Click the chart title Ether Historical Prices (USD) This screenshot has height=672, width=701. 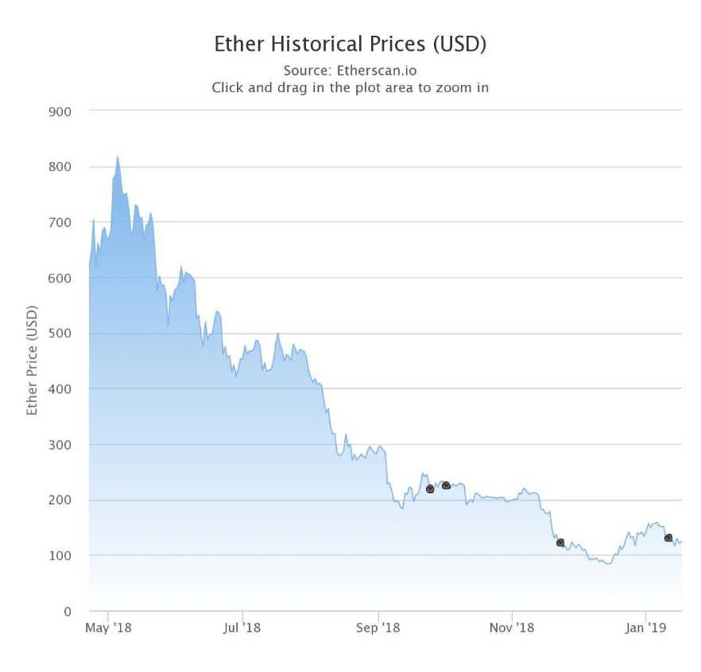(x=350, y=44)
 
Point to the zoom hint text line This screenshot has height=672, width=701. (x=350, y=87)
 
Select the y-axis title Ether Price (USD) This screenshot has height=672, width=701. (x=33, y=361)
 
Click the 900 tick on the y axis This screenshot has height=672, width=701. (x=61, y=111)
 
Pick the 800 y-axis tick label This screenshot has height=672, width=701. (x=61, y=167)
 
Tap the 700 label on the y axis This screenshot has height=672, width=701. (x=61, y=222)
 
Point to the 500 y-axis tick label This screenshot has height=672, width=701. (x=61, y=334)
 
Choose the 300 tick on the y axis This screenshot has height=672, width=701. (x=61, y=445)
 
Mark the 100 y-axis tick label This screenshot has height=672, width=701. (x=61, y=555)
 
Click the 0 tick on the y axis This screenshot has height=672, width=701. (x=68, y=611)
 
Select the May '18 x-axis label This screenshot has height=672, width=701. (x=108, y=628)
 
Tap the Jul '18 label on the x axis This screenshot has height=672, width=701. (x=242, y=628)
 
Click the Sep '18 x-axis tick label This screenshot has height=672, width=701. (x=378, y=628)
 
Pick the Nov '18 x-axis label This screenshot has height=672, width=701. (x=513, y=628)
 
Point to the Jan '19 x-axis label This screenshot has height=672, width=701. (x=646, y=628)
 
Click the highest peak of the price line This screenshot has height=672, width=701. (x=118, y=157)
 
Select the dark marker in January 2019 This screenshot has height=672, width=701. (x=668, y=538)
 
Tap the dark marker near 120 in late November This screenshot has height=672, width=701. (x=560, y=543)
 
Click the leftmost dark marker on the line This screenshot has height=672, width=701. (x=430, y=489)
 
